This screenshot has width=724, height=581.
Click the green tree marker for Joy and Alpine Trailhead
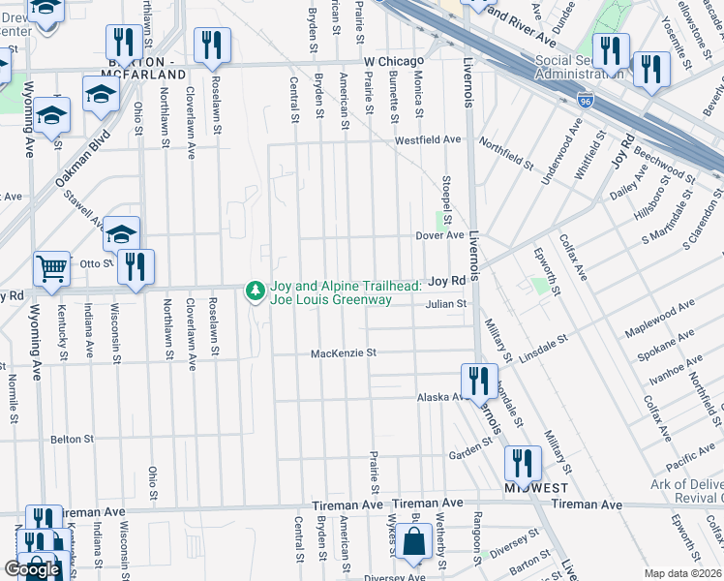256,290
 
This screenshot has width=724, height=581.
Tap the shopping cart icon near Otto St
51,267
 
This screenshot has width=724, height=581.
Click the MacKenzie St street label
343,353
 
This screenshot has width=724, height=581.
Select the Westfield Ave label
427,139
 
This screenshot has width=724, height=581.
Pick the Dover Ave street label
439,235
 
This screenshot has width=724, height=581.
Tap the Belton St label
72,439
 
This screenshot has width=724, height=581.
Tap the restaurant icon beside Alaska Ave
478,380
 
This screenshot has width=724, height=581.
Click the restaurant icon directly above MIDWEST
523,462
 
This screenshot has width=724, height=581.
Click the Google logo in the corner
32,569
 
